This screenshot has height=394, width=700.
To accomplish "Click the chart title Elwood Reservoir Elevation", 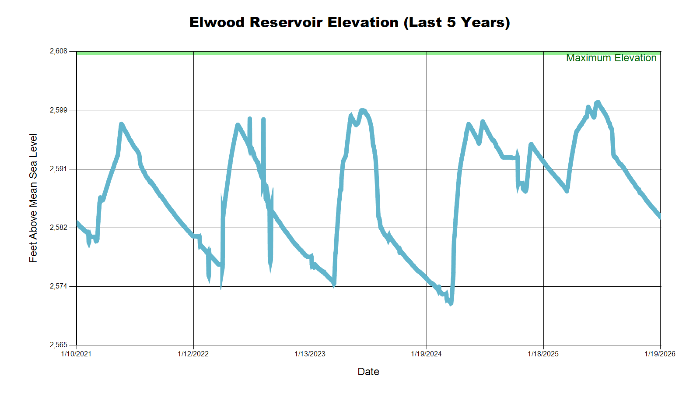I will [x=350, y=22].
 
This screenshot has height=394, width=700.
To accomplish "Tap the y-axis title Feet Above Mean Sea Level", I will [x=33, y=198].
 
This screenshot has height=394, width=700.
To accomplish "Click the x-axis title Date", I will [x=368, y=372].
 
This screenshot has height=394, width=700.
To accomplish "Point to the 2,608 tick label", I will [x=59, y=51].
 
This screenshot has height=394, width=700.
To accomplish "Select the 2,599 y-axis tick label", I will [x=59, y=110].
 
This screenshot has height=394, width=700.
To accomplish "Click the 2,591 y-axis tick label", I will [x=59, y=169].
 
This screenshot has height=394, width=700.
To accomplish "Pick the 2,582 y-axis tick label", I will [x=59, y=228].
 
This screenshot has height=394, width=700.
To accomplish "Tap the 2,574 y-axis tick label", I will [x=59, y=286].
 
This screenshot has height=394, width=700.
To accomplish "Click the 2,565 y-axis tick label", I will [x=59, y=345].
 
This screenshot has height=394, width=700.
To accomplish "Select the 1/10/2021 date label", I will [x=76, y=354].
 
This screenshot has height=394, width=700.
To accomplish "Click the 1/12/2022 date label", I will [x=193, y=354].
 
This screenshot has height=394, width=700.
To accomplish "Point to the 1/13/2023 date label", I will [x=310, y=354].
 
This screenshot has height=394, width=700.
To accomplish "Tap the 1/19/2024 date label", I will [x=426, y=354].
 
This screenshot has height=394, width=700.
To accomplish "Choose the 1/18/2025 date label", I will [x=543, y=354].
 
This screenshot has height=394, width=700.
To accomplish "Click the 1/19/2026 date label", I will [x=660, y=354].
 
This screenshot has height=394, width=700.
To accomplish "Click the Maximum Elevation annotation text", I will [x=611, y=58].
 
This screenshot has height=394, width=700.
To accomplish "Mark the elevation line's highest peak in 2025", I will [x=598, y=102].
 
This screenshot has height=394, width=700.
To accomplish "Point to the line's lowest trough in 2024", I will [x=451, y=303].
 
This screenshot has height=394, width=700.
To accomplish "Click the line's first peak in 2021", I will [x=121, y=124].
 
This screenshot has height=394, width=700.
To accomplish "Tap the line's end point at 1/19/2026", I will [x=660, y=216].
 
